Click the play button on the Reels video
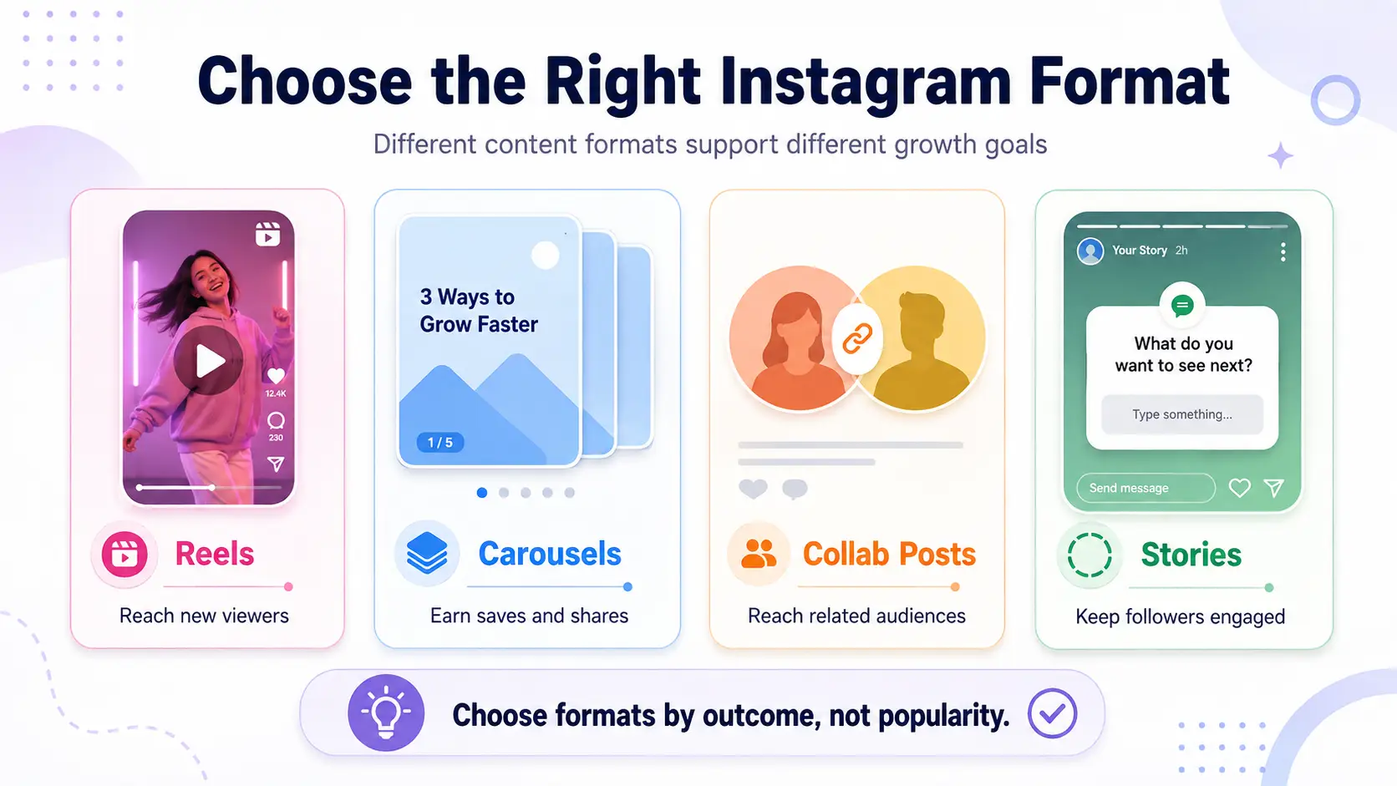208,360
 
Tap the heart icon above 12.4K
276,375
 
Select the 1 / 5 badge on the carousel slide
439,443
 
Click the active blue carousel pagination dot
481,493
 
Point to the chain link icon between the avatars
857,338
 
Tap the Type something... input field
1181,414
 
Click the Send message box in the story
1146,488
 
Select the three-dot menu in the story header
1283,251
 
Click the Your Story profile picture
1090,251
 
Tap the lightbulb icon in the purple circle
386,713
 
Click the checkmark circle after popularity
1052,713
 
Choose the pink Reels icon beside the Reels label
124,554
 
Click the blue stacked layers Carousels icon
427,553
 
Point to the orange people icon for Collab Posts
759,554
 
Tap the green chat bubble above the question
1181,306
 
